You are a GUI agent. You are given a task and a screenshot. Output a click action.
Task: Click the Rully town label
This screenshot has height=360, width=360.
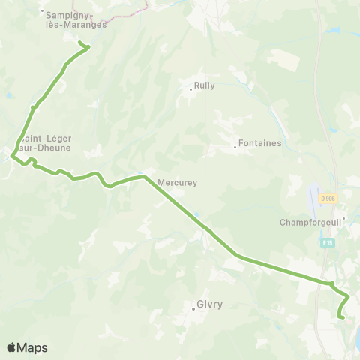point(204,85)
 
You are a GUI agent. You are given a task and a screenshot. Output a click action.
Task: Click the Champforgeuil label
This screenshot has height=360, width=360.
point(310,222)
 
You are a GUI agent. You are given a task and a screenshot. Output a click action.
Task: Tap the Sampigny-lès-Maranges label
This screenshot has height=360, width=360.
point(76,19)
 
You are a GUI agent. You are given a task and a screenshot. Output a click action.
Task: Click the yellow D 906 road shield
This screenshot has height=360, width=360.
point(328,199)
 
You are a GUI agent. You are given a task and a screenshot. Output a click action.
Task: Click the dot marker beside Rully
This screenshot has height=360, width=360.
point(190,90)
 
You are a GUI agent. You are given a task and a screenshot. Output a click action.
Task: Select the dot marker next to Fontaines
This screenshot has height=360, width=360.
point(235,146)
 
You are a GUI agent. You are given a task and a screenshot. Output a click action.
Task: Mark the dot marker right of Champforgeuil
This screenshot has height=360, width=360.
point(343,219)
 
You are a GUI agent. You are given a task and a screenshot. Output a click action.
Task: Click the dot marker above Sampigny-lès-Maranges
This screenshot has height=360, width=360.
point(43,11)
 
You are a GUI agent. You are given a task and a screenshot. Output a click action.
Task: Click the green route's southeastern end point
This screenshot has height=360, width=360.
point(342,317)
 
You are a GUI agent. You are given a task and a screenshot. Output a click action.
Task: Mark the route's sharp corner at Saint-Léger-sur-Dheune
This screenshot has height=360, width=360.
point(13,155)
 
